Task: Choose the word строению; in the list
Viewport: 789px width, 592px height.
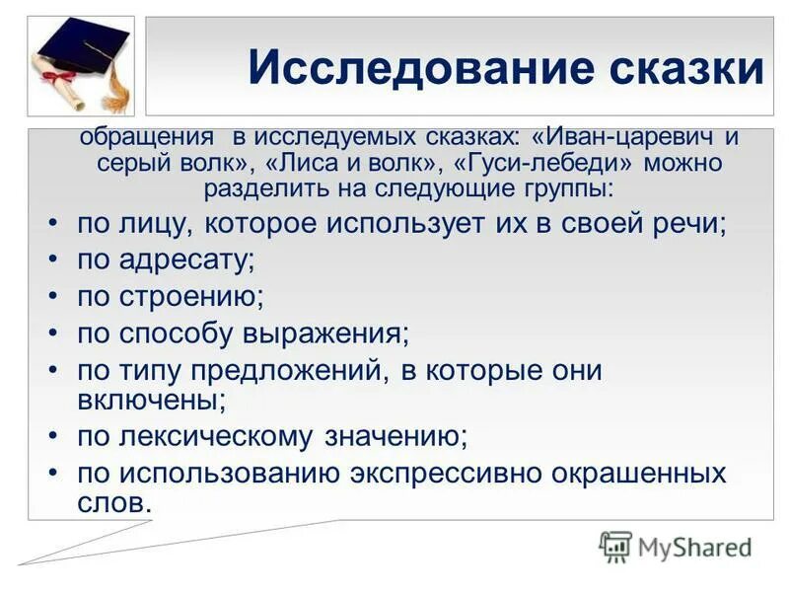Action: (193, 296)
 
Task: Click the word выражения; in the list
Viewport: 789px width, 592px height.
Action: (329, 333)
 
